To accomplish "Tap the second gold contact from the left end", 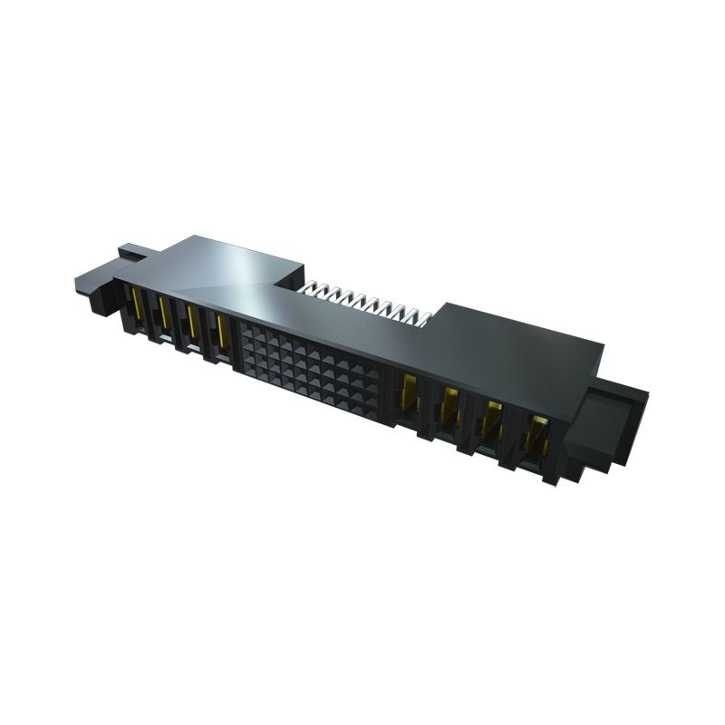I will click(164, 314).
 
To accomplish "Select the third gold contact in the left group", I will click(192, 324).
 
